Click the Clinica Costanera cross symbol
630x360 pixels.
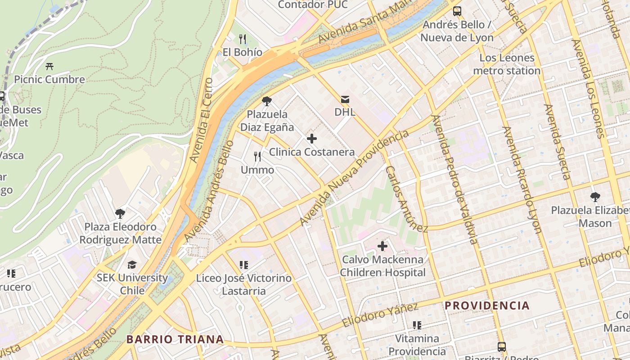pos(311,139)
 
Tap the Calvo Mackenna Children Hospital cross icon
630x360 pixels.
pos(382,246)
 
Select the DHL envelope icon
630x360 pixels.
pos(345,99)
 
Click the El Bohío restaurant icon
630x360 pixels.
pos(243,39)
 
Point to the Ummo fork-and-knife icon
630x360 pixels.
pos(257,157)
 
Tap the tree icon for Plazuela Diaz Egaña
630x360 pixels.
pos(267,101)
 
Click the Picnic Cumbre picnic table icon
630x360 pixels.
pos(49,66)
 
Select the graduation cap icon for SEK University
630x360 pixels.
pos(132,265)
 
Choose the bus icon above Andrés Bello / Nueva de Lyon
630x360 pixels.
pos(457,11)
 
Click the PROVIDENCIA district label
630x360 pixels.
pos(487,306)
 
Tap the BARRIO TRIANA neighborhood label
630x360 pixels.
pos(175,339)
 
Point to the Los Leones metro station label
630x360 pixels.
pos(507,64)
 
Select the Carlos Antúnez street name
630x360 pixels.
pos(406,199)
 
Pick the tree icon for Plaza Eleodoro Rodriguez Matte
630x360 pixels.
pos(120,214)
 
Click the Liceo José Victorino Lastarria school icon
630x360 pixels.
pos(244,265)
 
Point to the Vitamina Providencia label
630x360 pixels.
pos(417,345)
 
